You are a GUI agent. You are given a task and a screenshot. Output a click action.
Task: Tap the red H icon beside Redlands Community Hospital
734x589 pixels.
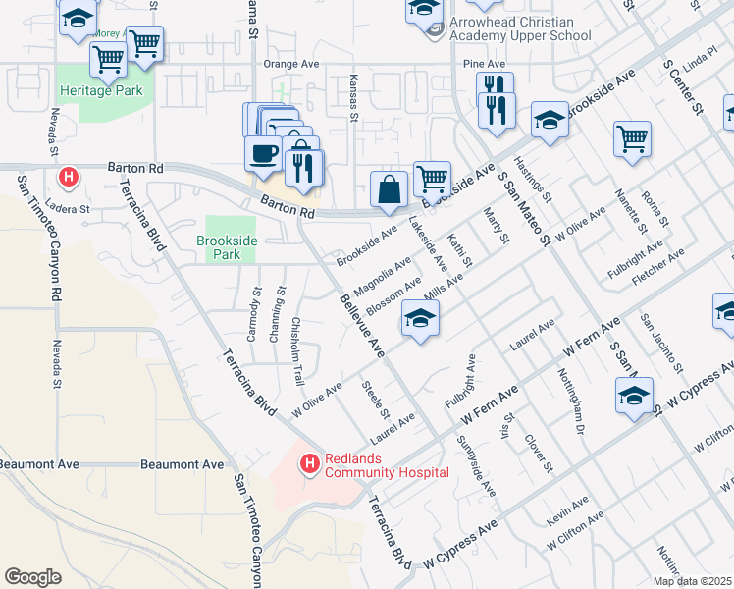[310, 461]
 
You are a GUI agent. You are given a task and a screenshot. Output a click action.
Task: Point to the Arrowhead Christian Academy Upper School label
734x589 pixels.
[520, 29]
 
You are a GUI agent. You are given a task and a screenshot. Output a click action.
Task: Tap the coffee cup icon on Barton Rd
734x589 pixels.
[263, 153]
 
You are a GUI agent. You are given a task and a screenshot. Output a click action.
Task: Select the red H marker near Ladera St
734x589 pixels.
[69, 178]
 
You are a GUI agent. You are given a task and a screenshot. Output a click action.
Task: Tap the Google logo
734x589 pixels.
[32, 577]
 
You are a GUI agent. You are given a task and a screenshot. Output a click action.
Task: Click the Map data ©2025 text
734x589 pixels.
[692, 581]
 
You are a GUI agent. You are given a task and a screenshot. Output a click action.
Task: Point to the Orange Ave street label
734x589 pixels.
[291, 64]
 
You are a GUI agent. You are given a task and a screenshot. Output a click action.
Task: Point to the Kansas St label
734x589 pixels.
[354, 96]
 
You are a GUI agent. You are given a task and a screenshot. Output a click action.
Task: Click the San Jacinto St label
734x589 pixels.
[660, 344]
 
